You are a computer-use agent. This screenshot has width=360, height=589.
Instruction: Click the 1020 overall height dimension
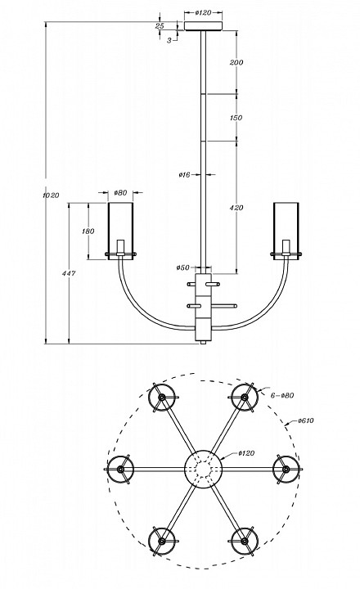click(x=51, y=196)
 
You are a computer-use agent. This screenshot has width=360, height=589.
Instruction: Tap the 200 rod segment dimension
click(x=236, y=62)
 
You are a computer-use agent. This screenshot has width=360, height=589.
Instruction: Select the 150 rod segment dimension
click(x=236, y=118)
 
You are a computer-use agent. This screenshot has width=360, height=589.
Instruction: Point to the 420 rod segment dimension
click(x=236, y=207)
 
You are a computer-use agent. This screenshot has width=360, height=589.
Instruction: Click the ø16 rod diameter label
click(x=185, y=174)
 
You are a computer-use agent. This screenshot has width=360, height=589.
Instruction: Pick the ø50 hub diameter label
click(x=183, y=268)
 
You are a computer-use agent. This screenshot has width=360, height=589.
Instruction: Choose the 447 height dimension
click(x=69, y=273)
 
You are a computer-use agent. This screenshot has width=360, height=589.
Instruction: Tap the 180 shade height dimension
click(x=88, y=232)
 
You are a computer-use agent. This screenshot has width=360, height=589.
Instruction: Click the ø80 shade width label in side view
click(x=120, y=193)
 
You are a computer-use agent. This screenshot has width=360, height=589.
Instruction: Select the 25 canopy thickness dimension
click(x=160, y=26)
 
